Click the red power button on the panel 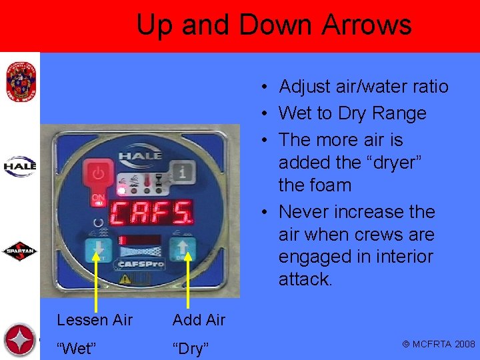pos(99,174)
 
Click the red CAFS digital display pos(150,212)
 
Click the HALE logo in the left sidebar pos(19,166)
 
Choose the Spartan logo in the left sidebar pos(20,252)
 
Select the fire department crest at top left pos(19,81)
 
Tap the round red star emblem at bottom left pos(19,340)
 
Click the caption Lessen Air pos(95,320)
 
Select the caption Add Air pos(199,320)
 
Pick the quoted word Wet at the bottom pos(75,348)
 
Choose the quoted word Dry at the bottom pos(191,348)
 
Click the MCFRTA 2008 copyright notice pos(438,344)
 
